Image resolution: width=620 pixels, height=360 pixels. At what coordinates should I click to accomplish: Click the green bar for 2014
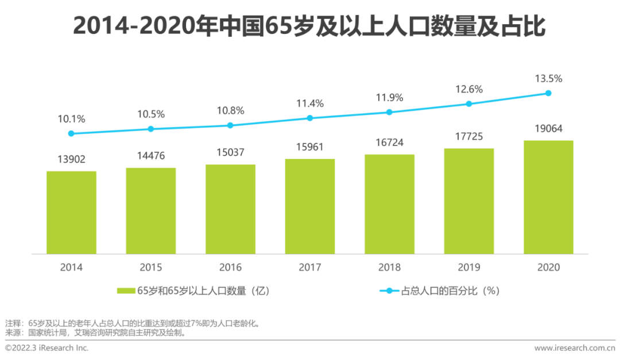pyautogui.click(x=71, y=212)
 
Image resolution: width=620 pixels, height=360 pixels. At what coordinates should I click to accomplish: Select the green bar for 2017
pyautogui.click(x=310, y=206)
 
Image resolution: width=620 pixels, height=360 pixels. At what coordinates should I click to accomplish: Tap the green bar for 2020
pyautogui.click(x=548, y=197)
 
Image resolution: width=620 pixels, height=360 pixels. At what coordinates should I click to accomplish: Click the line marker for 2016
pyautogui.click(x=230, y=125)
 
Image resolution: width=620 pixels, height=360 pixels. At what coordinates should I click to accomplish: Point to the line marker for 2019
pyautogui.click(x=469, y=104)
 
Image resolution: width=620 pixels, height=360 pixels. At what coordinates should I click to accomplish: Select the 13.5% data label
pyautogui.click(x=548, y=79)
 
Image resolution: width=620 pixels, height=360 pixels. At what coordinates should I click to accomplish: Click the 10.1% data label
pyautogui.click(x=71, y=119)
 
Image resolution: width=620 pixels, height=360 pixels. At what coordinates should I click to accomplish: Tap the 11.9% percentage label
pyautogui.click(x=389, y=97)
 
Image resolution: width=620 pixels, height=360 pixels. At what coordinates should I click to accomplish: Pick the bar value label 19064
pyautogui.click(x=548, y=129)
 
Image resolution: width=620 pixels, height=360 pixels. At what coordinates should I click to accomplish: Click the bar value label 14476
pyautogui.click(x=151, y=156)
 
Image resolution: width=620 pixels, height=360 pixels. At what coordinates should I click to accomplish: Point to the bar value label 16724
pyautogui.click(x=389, y=142)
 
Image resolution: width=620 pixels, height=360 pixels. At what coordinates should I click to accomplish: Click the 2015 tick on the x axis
pyautogui.click(x=151, y=268)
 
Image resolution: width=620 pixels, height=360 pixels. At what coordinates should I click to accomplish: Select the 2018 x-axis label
pyautogui.click(x=389, y=268)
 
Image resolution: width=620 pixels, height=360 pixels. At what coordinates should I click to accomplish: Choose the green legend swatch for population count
pyautogui.click(x=126, y=291)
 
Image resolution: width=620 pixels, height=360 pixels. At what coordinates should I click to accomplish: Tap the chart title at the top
pyautogui.click(x=309, y=26)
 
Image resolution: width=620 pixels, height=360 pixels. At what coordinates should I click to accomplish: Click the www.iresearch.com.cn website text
pyautogui.click(x=575, y=348)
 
